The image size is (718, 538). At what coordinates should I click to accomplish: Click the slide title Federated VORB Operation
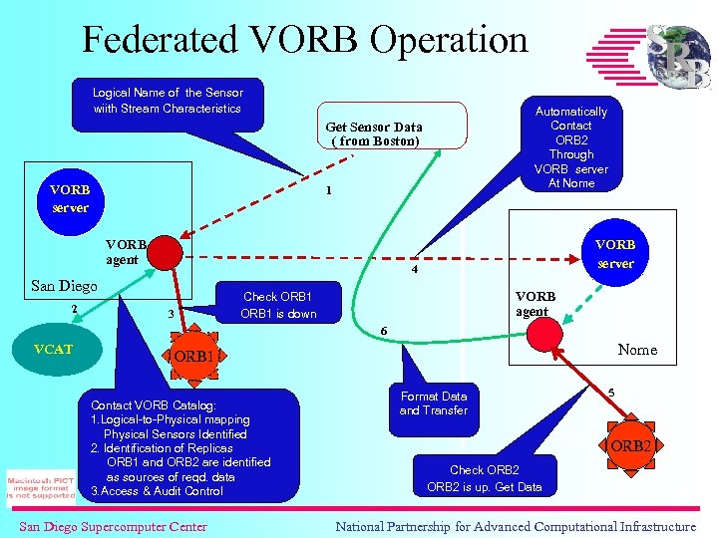pos(304,40)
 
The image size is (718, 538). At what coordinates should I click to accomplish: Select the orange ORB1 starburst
pos(193,356)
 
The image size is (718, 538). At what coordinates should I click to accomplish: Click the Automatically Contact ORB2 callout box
pos(570,147)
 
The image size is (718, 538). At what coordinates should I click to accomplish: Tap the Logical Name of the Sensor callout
pos(168,101)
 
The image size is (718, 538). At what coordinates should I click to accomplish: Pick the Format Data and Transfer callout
pos(434,403)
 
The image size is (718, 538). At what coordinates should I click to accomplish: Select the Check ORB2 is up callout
pos(485,477)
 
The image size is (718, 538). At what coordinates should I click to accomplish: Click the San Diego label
pos(64,286)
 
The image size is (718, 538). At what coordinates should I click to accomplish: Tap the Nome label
pos(637,350)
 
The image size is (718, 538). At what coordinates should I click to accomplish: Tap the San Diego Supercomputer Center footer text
pos(113,526)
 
